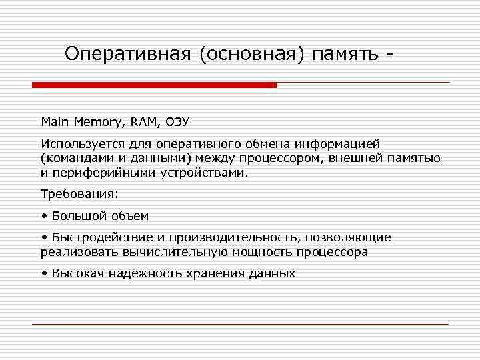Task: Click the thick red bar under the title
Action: [154, 85]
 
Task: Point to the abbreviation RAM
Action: [143, 121]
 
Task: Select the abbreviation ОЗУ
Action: [177, 121]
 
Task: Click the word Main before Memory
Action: [55, 121]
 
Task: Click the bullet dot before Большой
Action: [43, 216]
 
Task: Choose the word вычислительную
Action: [176, 252]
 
